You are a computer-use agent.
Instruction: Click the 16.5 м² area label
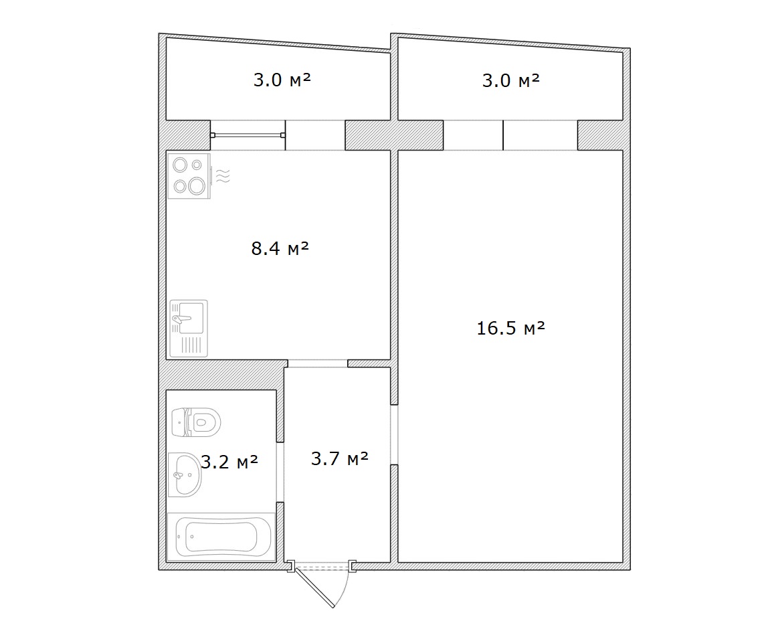510,328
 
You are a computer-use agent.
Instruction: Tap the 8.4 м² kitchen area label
280,248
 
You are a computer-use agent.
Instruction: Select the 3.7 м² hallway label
340,458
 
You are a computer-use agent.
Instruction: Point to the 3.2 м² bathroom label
229,461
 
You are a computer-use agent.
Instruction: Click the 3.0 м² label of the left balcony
282,80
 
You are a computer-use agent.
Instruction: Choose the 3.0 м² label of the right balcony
511,80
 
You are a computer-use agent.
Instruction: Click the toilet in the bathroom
197,422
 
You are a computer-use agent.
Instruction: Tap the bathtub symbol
221,537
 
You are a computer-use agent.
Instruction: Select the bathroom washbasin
185,474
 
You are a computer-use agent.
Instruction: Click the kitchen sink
189,328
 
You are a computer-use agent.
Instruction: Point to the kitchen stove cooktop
189,176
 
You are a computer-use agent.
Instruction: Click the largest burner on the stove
197,185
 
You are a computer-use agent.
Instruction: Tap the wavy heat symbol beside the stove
222,175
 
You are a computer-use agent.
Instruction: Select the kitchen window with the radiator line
248,135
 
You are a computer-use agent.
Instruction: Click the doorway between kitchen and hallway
318,363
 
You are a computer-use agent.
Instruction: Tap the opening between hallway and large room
394,435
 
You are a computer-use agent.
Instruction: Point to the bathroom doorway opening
280,472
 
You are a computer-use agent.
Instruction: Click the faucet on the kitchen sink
181,319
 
